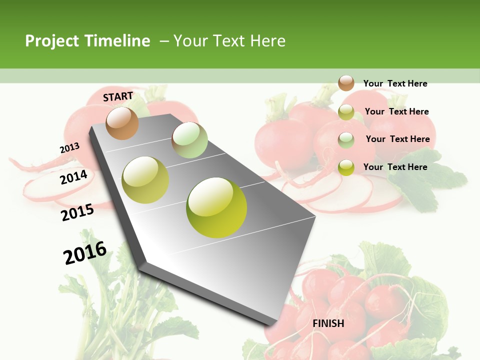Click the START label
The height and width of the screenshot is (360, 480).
[x=118, y=96]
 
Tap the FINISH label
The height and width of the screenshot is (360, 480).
[x=328, y=323]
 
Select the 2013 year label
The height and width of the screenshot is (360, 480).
[x=69, y=148]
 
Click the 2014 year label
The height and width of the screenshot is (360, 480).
[x=73, y=177]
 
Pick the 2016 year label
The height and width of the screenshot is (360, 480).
[x=85, y=252]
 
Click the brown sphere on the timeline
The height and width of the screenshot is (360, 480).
[x=122, y=123]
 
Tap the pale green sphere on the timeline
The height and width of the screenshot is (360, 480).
[x=189, y=140]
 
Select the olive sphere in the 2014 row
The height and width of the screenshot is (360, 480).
[x=145, y=180]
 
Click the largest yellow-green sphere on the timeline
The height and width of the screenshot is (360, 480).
[x=216, y=207]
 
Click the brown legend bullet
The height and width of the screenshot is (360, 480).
[x=346, y=83]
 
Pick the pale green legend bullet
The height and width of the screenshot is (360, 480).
[x=346, y=140]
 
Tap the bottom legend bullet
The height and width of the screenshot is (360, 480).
[x=346, y=167]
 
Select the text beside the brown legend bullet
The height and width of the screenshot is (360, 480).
[x=395, y=83]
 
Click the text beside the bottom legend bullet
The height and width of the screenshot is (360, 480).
[x=395, y=167]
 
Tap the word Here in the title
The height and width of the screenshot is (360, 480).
[x=267, y=41]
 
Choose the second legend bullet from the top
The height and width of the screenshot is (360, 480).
[x=346, y=112]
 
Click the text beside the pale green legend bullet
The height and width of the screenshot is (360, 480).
[x=397, y=139]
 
